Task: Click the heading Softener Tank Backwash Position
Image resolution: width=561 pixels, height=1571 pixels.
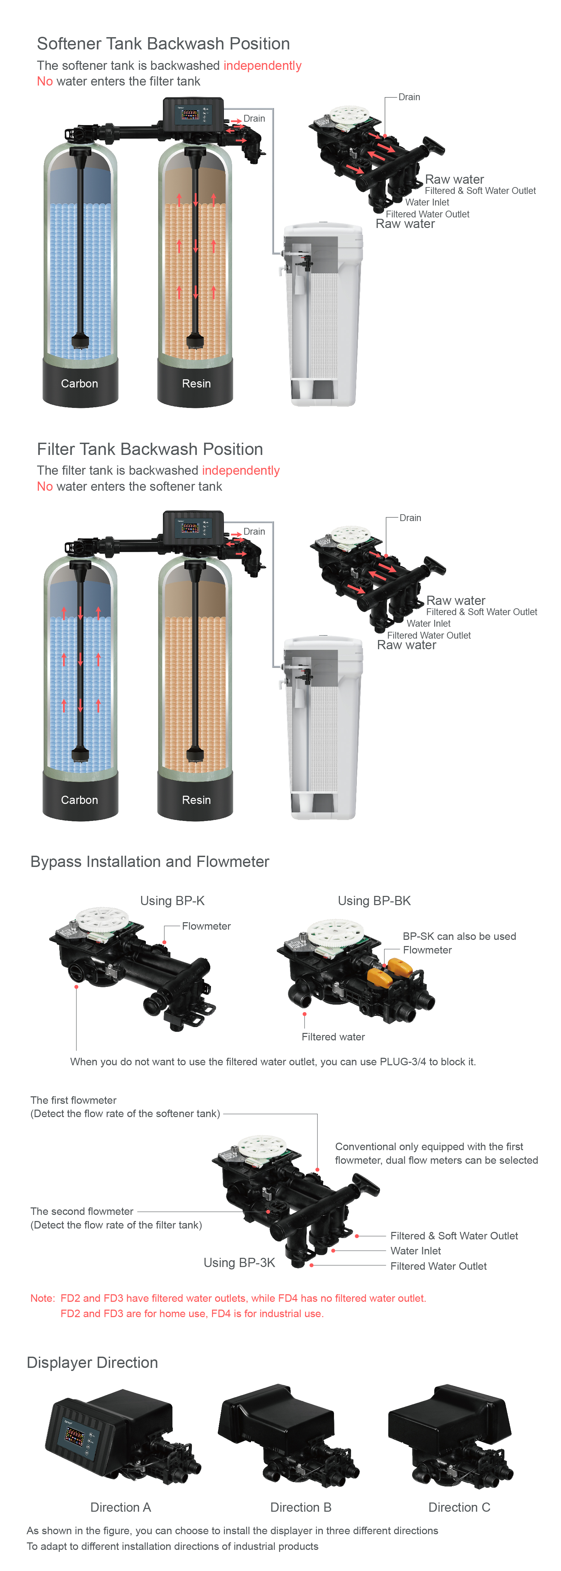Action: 163,44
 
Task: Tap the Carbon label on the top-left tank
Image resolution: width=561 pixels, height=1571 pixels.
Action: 79,384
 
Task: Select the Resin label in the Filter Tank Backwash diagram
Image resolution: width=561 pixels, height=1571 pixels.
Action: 196,800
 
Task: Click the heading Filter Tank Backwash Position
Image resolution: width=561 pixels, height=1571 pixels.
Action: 150,449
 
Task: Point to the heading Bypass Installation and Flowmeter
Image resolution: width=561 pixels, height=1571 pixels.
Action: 150,862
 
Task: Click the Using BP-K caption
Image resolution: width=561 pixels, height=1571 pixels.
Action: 172,901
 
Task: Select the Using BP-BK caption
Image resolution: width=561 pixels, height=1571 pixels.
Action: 375,901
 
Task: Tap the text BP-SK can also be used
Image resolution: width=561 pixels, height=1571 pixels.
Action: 459,936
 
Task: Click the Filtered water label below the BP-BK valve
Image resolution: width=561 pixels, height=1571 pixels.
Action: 333,1037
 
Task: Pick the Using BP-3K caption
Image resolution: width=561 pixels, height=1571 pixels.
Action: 239,1262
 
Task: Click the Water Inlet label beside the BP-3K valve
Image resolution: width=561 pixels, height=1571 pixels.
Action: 415,1251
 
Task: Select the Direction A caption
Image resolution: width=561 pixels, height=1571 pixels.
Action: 121,1507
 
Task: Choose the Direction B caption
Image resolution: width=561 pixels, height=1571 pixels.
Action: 301,1507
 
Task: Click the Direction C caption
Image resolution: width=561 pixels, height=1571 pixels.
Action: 459,1507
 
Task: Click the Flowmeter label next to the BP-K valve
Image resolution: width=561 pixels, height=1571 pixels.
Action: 206,926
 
